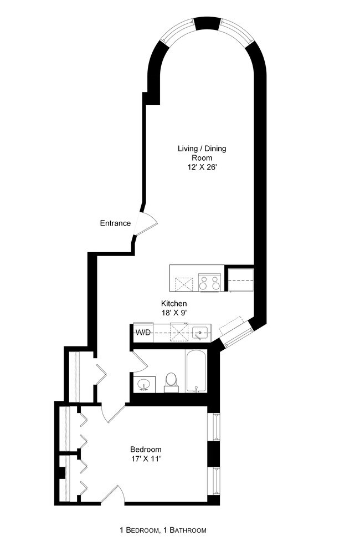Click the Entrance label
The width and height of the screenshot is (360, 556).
pos(115,223)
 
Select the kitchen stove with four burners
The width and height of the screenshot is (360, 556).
pos(210,283)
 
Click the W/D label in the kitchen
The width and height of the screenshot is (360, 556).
pos(143,333)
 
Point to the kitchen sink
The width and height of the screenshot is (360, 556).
pos(200,333)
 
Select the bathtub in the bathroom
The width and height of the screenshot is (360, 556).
pos(196,371)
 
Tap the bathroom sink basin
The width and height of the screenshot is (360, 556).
pos(145,384)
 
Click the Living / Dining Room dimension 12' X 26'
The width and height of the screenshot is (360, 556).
pos(202,167)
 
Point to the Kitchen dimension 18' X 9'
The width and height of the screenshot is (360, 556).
pos(173,313)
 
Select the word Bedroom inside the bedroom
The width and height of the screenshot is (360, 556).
pos(146,449)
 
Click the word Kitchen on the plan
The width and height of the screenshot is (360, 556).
pos(173,304)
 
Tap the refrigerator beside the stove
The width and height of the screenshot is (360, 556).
pos(241,280)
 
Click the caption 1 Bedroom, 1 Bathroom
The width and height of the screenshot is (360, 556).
pos(163,531)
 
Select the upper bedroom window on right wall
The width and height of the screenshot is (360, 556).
pos(214,427)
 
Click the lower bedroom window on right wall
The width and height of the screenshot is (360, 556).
pos(214,482)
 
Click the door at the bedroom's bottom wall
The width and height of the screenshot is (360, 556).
pos(112,494)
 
